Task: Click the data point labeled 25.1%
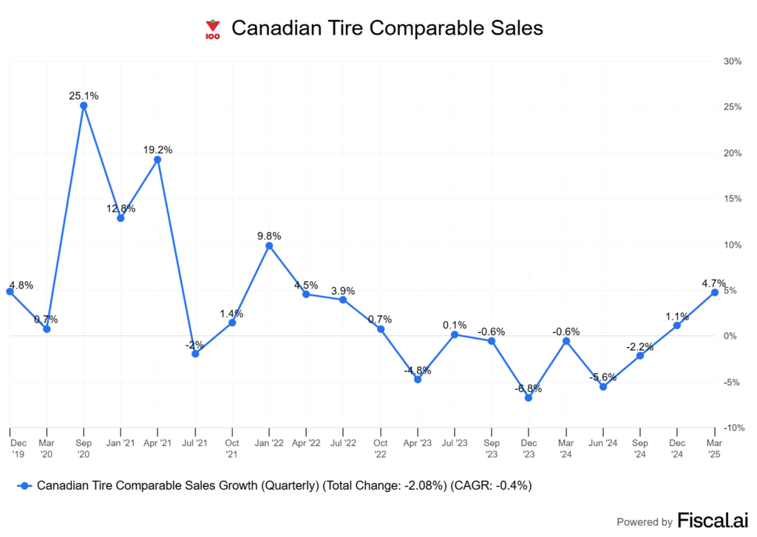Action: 84,105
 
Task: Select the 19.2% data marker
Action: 157,159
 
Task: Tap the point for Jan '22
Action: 269,246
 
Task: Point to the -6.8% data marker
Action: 529,398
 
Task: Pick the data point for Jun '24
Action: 603,387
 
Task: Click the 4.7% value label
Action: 713,283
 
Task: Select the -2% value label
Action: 195,344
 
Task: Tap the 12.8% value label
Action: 120,209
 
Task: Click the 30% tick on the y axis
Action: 731,61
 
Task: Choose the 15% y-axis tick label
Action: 731,199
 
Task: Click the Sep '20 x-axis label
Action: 84,448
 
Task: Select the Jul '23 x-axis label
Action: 455,444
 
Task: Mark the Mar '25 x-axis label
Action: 714,448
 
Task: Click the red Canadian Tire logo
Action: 213,30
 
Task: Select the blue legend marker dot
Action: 27,486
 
